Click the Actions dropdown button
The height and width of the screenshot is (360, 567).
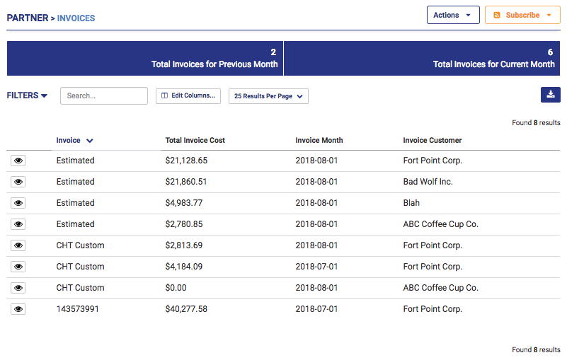click(x=453, y=15)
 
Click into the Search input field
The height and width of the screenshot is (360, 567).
click(x=104, y=96)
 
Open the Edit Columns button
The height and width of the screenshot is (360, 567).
click(x=188, y=96)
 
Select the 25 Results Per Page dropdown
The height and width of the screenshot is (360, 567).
click(x=268, y=96)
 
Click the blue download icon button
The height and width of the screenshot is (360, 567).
click(x=550, y=95)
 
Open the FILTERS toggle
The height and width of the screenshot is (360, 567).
click(x=28, y=95)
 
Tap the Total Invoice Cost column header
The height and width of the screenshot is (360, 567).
click(x=195, y=140)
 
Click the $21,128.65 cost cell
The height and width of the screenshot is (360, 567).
click(x=186, y=161)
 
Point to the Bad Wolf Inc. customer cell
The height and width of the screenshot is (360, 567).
click(x=428, y=182)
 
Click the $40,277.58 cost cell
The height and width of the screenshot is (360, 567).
click(x=186, y=309)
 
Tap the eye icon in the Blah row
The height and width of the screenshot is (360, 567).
click(x=18, y=203)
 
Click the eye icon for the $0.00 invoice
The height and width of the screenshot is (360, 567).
click(x=18, y=288)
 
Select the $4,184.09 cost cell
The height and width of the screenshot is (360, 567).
click(x=184, y=267)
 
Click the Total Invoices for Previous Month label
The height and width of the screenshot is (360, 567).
click(x=214, y=64)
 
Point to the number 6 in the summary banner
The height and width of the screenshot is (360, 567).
click(x=550, y=52)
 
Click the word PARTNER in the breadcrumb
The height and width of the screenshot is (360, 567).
click(x=26, y=18)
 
